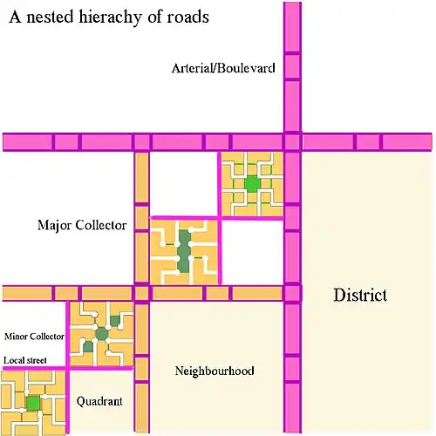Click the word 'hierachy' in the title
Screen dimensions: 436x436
click(x=111, y=17)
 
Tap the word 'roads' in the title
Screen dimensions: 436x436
click(x=187, y=17)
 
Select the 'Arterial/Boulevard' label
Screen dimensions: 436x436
click(x=223, y=68)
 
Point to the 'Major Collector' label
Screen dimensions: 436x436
click(x=82, y=225)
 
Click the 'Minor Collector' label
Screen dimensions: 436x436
click(x=34, y=337)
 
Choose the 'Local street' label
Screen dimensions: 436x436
click(x=25, y=360)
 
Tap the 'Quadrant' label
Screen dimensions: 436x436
click(x=99, y=402)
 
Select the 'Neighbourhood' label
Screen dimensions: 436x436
click(x=215, y=371)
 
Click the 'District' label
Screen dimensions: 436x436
click(x=360, y=295)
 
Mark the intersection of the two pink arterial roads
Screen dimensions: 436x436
click(x=292, y=142)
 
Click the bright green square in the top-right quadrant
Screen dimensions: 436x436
click(x=252, y=184)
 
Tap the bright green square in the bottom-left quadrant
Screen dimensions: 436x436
click(x=33, y=403)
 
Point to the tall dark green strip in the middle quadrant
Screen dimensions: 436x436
click(x=184, y=251)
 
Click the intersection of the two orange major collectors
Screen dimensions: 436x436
click(x=142, y=293)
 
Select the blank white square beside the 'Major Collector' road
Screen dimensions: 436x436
click(x=183, y=184)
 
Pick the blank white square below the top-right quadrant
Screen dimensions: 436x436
click(x=252, y=252)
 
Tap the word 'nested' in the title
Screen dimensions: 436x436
click(x=50, y=17)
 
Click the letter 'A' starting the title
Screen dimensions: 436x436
click(x=15, y=17)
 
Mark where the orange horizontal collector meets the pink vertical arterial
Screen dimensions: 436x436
click(x=292, y=293)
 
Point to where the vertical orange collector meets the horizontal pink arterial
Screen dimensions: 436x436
click(x=142, y=142)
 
